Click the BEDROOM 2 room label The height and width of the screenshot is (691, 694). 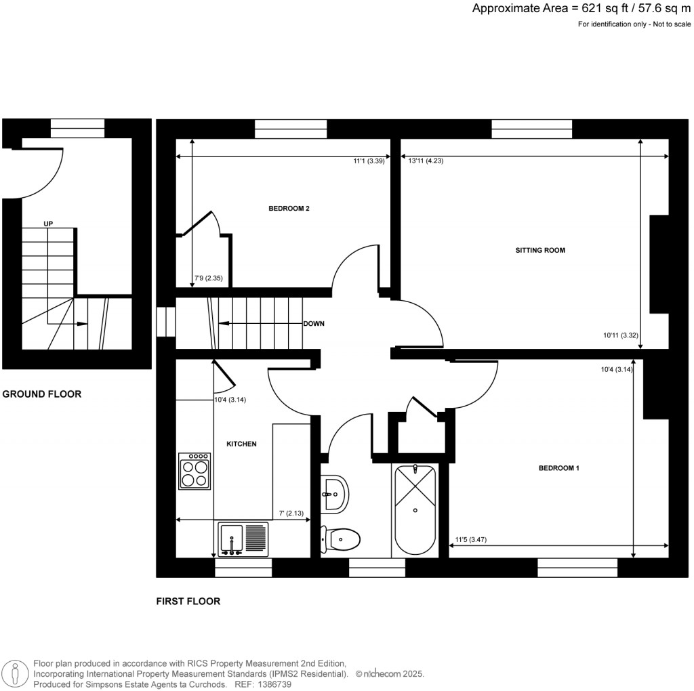click(289, 209)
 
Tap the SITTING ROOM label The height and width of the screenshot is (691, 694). click(540, 251)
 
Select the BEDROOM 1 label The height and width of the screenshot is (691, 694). click(558, 468)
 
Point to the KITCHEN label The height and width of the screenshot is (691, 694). click(241, 444)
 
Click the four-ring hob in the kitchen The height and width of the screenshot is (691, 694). click(195, 472)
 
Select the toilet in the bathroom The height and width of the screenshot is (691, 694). click(340, 540)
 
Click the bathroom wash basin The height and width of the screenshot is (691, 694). click(335, 493)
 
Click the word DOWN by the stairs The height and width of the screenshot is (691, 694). click(314, 324)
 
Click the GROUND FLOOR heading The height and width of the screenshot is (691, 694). click(42, 394)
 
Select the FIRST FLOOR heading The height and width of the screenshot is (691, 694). click(188, 601)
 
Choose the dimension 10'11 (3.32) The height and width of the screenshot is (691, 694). click(621, 335)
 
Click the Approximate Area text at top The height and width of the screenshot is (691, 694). click(582, 9)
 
